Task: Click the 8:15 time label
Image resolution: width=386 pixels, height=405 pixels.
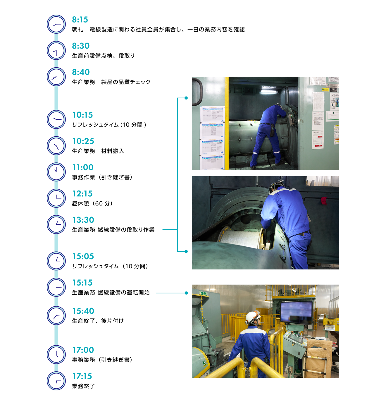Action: pos(80,20)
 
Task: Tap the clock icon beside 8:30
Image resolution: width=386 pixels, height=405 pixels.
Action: pos(56,51)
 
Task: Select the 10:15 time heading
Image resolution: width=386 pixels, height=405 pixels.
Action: pos(82,115)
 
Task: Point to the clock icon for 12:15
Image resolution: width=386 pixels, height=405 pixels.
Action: pos(56,198)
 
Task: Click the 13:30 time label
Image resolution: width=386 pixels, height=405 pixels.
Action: pos(83,220)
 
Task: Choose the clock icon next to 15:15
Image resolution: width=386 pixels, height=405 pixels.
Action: pos(56,287)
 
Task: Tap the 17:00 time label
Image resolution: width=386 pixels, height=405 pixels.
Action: pos(83,350)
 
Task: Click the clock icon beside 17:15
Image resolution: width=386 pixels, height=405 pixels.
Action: pos(56,381)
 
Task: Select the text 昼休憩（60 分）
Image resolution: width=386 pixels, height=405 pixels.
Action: pos(92,203)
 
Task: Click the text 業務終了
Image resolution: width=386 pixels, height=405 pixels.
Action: pos(83,386)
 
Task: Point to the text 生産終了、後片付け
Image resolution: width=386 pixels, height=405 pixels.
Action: pos(98,321)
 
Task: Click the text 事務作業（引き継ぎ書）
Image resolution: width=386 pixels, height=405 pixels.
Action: pos(102,177)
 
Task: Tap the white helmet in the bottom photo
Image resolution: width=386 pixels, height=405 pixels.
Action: pos(252,317)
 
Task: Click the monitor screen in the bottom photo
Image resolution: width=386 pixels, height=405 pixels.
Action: pos(296,313)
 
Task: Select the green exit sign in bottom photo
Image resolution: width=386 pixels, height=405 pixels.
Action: pos(204,294)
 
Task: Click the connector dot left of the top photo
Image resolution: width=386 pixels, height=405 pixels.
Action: pos(186,98)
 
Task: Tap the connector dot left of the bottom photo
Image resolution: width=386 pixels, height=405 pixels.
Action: pos(186,293)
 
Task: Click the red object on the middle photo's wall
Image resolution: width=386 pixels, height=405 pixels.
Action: pos(323,201)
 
